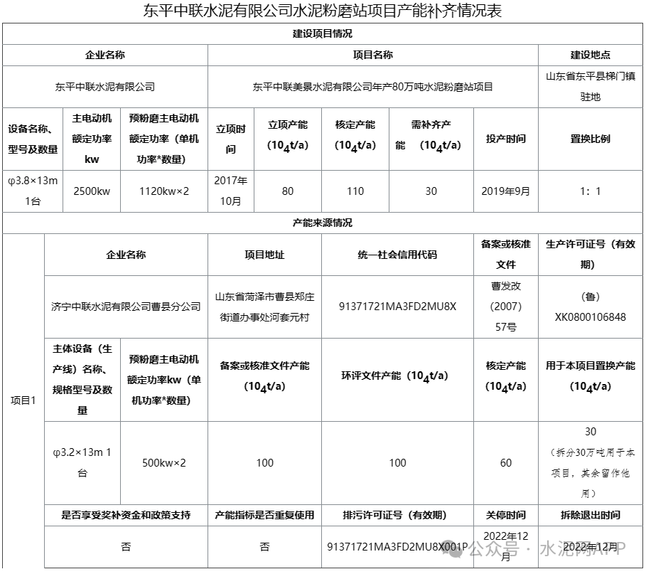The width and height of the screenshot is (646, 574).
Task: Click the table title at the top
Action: pos(323,11)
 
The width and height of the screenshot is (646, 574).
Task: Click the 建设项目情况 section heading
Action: pos(322,33)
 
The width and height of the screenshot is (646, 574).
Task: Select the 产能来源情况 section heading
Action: pos(322,223)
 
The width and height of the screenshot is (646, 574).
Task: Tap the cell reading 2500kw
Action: pos(92,191)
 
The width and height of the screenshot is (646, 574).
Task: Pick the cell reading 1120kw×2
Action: pos(164,191)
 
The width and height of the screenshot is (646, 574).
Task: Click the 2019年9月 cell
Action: pos(505,191)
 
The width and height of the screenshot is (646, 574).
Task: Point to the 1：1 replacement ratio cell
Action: pos(590,191)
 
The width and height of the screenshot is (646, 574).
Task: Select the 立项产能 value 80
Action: pos(287,191)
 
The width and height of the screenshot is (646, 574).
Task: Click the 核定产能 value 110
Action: pos(355,191)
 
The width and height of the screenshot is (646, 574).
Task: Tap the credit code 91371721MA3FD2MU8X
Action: pos(397,307)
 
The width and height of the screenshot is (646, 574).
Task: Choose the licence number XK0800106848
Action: pos(590,317)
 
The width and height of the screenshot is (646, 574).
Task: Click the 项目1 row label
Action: pos(23,400)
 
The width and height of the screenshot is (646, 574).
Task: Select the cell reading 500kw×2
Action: pos(164,462)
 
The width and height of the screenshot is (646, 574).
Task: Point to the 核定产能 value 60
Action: pos(505,462)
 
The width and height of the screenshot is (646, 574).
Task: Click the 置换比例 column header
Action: pos(590,139)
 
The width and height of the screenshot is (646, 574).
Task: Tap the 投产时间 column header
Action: pos(505,139)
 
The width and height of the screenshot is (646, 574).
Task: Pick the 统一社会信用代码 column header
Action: pos(397,255)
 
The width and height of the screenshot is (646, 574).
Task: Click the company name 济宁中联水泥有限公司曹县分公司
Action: pos(126,307)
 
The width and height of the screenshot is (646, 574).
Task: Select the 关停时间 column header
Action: pos(505,515)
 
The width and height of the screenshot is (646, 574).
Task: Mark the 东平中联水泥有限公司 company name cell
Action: pos(105,87)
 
